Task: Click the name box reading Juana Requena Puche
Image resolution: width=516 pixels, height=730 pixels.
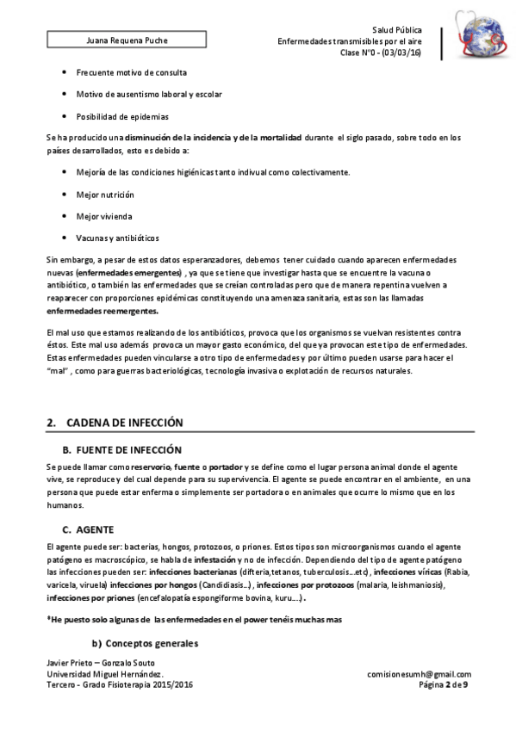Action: pos(127,41)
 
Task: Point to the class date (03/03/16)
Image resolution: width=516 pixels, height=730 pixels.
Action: pos(401,53)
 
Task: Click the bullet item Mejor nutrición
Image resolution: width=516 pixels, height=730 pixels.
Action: pos(106,194)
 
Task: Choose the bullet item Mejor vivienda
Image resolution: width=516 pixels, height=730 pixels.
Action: pos(104,215)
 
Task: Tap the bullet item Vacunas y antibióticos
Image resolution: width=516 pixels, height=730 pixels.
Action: pos(118,238)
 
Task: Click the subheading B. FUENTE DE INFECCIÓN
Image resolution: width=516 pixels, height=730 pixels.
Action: pos(123,449)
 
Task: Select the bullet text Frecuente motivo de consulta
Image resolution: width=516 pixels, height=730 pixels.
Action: pos(132,72)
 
